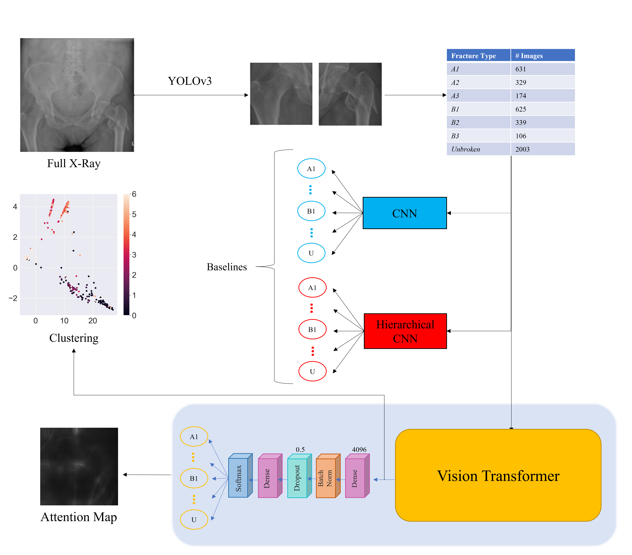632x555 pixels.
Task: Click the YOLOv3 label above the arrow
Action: point(190,81)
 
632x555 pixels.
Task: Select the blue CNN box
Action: point(404,213)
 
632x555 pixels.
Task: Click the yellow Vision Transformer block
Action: point(498,475)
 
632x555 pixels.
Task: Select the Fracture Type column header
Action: point(473,56)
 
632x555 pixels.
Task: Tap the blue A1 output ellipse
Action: point(311,169)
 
